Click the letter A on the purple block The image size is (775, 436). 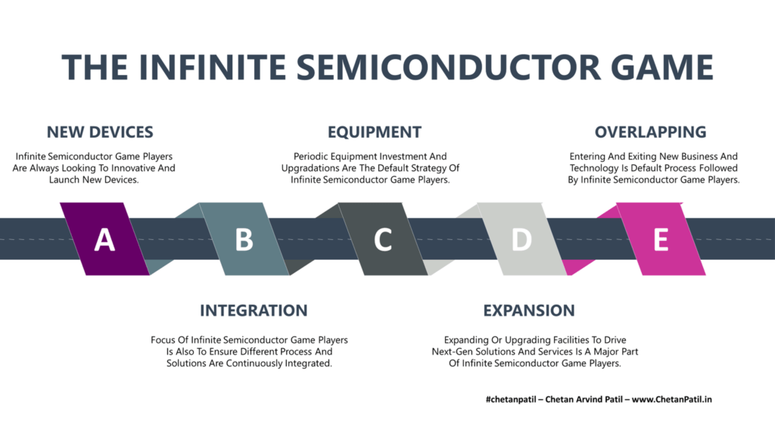104,240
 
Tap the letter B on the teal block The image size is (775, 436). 244,240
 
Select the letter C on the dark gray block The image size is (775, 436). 383,240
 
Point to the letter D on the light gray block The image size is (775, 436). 522,240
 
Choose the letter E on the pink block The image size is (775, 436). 661,240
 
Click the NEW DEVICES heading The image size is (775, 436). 100,132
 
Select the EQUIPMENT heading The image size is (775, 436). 375,132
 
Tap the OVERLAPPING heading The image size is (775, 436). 650,132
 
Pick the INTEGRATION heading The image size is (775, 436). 254,310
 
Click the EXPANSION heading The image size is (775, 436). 529,310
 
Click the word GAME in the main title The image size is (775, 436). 661,67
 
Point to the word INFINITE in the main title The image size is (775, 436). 213,67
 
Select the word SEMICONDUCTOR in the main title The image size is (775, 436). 448,67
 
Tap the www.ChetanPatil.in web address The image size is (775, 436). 672,400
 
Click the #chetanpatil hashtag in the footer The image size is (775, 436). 511,400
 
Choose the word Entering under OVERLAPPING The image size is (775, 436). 587,157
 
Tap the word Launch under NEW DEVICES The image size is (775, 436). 64,180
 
